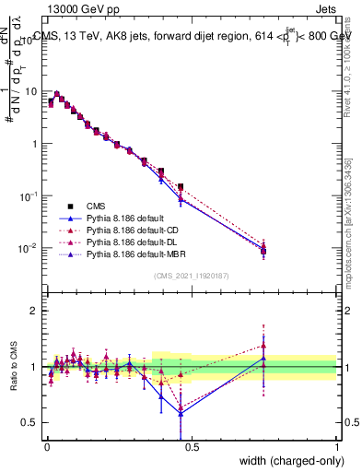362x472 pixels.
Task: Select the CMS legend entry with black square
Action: click(x=98, y=206)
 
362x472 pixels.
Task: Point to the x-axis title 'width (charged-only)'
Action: click(x=286, y=461)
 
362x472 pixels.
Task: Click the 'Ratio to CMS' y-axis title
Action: click(x=15, y=367)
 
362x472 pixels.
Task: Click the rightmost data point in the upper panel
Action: click(x=264, y=250)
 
